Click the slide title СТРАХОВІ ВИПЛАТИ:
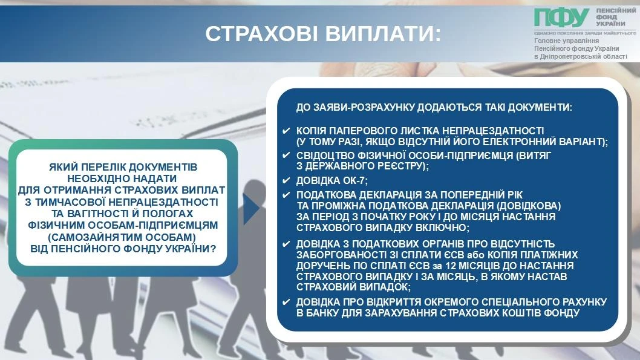(x=323, y=34)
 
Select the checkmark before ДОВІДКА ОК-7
(x=286, y=180)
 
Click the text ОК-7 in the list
(x=354, y=180)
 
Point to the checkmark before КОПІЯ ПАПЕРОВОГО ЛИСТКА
(x=286, y=131)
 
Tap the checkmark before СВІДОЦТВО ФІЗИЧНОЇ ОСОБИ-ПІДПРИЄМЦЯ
(x=286, y=155)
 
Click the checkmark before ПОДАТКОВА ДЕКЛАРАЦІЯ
(x=286, y=195)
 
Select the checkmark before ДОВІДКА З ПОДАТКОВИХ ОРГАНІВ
(x=286, y=244)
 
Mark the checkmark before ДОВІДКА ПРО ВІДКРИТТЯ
(x=286, y=302)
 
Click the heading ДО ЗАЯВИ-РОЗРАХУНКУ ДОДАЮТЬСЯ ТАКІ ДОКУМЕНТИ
(x=434, y=107)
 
